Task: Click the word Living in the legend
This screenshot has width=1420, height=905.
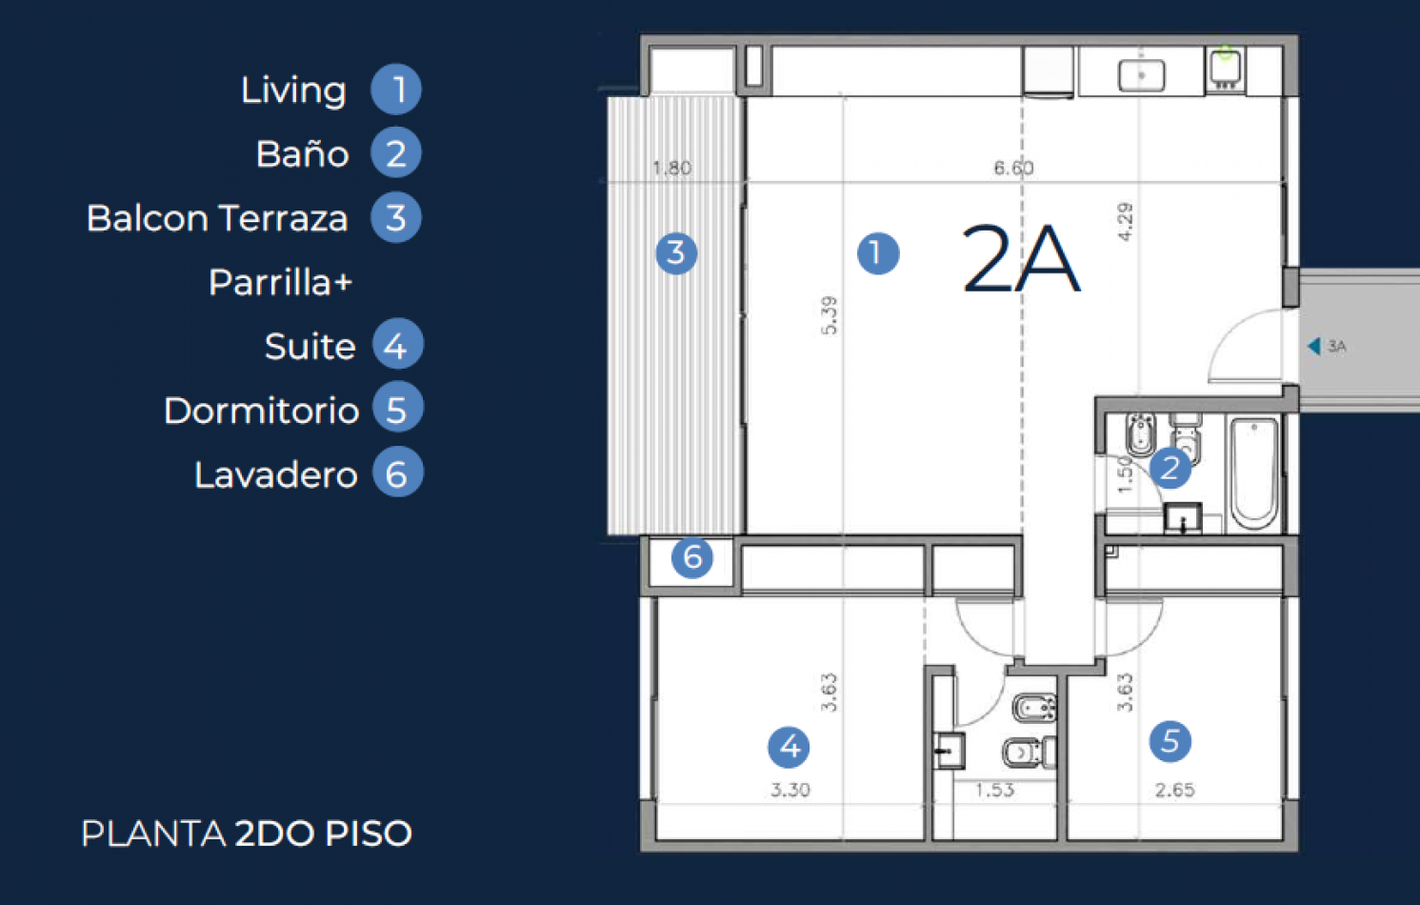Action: [293, 90]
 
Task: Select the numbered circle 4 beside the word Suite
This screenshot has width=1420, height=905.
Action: [397, 345]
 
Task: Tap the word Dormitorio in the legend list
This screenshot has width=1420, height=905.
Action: [261, 411]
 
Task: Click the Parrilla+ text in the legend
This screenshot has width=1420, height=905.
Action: [280, 283]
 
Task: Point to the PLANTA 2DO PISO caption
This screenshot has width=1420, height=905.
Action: [246, 834]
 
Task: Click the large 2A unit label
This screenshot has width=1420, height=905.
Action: [1020, 259]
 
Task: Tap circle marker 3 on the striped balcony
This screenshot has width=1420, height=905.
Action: [676, 252]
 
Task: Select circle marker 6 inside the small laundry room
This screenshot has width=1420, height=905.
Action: [692, 557]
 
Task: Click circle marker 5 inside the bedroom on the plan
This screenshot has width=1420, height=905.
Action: [1170, 741]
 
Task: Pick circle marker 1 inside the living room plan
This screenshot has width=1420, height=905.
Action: [877, 253]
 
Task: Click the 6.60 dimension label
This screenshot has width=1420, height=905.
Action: [1013, 169]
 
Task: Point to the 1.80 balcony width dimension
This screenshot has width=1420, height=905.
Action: [671, 169]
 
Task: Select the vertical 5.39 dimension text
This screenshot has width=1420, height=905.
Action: [829, 315]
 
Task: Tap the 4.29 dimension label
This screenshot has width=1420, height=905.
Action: [1125, 222]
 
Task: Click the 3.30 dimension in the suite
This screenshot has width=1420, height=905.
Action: [790, 790]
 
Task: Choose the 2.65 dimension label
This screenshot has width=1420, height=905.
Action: [1174, 790]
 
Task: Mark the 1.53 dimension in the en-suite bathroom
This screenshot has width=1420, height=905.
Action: [994, 790]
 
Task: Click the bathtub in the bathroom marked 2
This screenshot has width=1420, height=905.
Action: [1253, 473]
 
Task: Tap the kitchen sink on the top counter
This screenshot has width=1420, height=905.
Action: [1141, 74]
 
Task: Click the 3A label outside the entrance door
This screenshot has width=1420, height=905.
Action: [1336, 347]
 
